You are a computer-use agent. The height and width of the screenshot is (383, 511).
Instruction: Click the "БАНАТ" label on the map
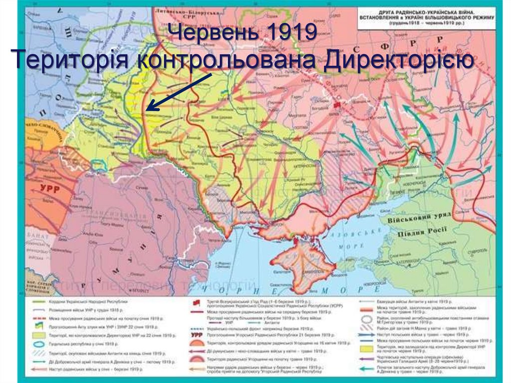pyautogui.click(x=36, y=234)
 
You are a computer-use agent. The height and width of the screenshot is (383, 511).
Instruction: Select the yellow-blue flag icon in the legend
pyautogui.click(x=36, y=325)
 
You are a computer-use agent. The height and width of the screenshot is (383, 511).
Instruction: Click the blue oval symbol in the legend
pyautogui.click(x=36, y=342)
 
